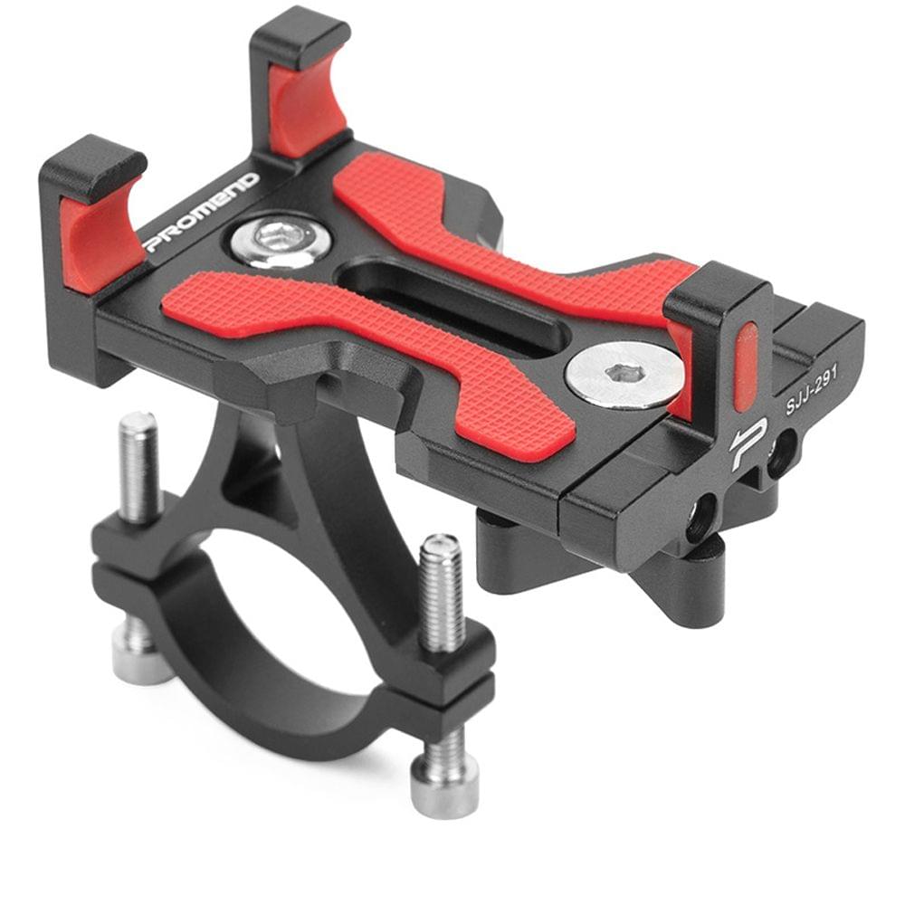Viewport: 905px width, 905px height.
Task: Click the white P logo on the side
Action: (750, 443)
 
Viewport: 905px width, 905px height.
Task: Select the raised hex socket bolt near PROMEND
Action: (279, 240)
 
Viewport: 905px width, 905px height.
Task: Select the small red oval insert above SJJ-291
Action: (746, 362)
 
